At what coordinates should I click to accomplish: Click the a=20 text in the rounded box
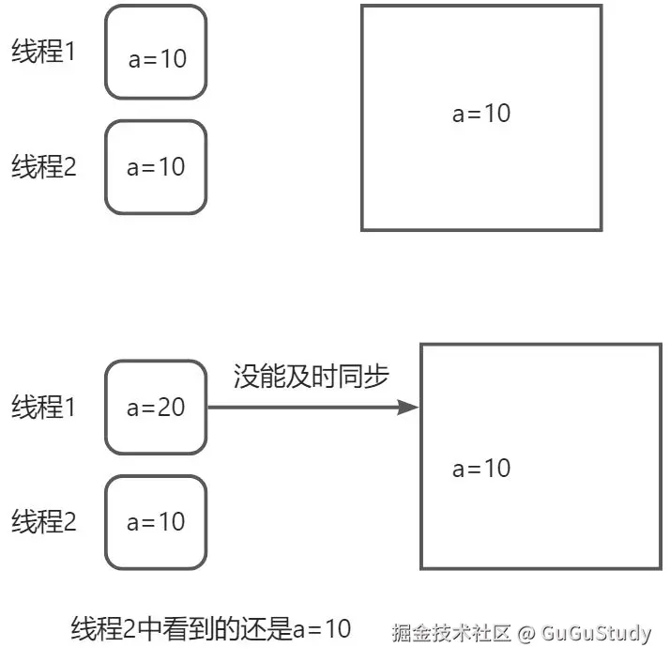pyautogui.click(x=156, y=408)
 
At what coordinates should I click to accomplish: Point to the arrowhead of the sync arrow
pyautogui.click(x=409, y=408)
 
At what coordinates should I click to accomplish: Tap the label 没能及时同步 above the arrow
pyautogui.click(x=311, y=378)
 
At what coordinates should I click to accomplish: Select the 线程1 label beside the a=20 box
pyautogui.click(x=43, y=408)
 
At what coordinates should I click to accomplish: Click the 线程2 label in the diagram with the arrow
pyautogui.click(x=43, y=521)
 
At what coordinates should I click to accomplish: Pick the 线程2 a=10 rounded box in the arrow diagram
pyautogui.click(x=156, y=521)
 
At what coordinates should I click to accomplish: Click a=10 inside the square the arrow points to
pyautogui.click(x=481, y=468)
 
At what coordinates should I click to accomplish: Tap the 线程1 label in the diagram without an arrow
pyautogui.click(x=43, y=53)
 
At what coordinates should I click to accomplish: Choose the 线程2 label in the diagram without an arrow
pyautogui.click(x=43, y=167)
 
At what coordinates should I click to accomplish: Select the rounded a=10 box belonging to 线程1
pyautogui.click(x=156, y=54)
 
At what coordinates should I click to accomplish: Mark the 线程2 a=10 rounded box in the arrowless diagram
pyautogui.click(x=156, y=167)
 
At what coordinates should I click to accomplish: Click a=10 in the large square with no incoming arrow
pyautogui.click(x=481, y=114)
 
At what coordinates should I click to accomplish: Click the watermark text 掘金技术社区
pyautogui.click(x=450, y=633)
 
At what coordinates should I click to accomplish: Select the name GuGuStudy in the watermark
pyautogui.click(x=596, y=633)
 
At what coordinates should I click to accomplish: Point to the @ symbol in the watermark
pyautogui.click(x=525, y=633)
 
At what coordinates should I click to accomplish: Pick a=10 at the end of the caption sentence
pyautogui.click(x=321, y=629)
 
